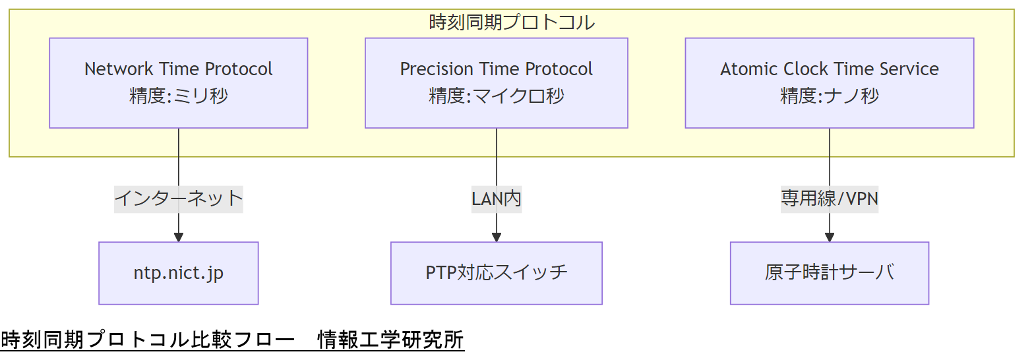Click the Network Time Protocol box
click(x=178, y=82)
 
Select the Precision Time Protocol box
click(x=496, y=82)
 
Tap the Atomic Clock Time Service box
click(x=829, y=82)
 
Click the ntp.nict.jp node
click(x=178, y=273)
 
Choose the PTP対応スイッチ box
click(x=496, y=273)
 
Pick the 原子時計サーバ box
click(x=829, y=273)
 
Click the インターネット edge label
click(x=178, y=198)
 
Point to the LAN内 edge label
click(x=496, y=198)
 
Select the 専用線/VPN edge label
click(x=829, y=198)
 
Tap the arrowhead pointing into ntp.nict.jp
click(x=178, y=237)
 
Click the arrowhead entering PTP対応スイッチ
click(x=496, y=237)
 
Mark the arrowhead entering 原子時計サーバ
click(x=829, y=237)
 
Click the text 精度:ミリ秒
click(x=178, y=96)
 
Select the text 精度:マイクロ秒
click(x=496, y=96)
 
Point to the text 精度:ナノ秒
click(x=829, y=96)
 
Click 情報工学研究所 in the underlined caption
click(x=390, y=340)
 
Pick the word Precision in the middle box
click(x=427, y=69)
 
